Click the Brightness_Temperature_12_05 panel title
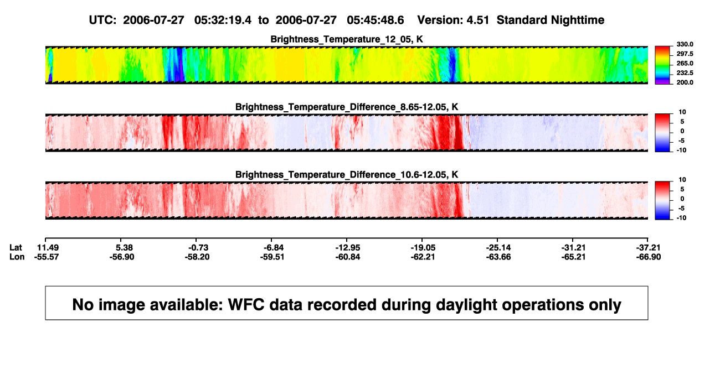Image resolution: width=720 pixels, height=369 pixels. tap(347, 39)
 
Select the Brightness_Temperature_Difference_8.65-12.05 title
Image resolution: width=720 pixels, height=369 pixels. tap(347, 107)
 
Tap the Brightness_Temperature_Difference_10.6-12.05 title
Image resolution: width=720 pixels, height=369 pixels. tap(347, 175)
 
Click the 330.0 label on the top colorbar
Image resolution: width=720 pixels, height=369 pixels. tap(685, 44)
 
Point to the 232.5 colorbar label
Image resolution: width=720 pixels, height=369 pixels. tap(685, 73)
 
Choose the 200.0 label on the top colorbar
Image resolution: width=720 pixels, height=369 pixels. tap(685, 82)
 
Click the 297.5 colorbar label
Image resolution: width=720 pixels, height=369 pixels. tap(685, 54)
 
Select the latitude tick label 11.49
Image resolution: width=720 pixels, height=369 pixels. tap(48, 248)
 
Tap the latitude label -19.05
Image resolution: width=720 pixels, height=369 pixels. tap(423, 248)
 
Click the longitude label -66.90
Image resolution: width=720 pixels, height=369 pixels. tap(649, 257)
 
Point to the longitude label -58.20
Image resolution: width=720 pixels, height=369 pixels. tap(197, 257)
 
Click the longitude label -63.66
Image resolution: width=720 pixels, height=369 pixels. tap(498, 257)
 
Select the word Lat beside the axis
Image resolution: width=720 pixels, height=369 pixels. tap(16, 248)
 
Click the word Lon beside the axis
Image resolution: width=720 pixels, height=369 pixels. tap(17, 257)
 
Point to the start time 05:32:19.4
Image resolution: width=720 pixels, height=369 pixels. tap(223, 20)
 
